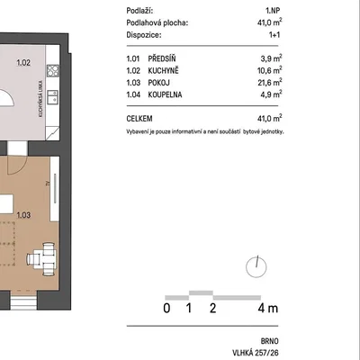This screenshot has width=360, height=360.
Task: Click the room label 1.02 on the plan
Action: tap(23, 63)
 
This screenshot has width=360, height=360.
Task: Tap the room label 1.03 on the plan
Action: tap(23, 215)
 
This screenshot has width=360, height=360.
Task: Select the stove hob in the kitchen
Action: tap(53, 70)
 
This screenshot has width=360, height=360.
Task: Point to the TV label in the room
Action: tap(48, 184)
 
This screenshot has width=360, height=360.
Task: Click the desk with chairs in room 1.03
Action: tap(42, 259)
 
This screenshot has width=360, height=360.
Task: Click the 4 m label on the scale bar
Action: tap(268, 308)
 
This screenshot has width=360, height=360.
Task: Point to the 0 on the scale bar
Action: tap(166, 308)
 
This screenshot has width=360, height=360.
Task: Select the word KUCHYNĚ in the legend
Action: tap(163, 70)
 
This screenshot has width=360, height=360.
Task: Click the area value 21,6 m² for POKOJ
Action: tap(270, 82)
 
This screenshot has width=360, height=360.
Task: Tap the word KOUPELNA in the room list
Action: tap(165, 94)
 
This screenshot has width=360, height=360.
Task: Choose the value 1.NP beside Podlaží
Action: tap(273, 11)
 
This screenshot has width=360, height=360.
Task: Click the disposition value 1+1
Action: tap(274, 35)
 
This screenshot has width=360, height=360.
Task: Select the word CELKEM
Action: tap(139, 119)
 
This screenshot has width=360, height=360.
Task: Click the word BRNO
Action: tap(270, 341)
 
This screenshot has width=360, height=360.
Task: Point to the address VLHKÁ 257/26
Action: tap(256, 353)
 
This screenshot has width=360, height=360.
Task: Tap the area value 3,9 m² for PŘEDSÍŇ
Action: tap(271, 58)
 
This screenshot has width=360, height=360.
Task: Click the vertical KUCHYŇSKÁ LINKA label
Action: tap(40, 98)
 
